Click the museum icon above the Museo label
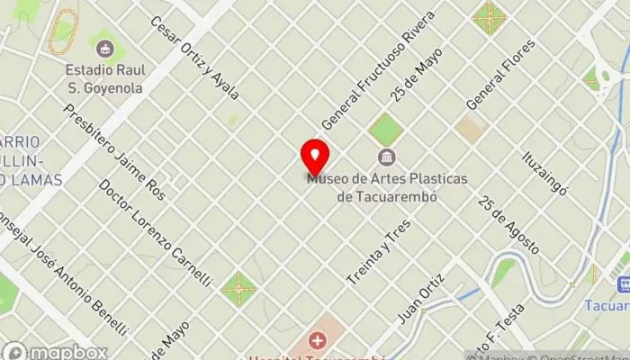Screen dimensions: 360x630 [387, 159]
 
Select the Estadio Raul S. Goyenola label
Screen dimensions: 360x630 [106, 77]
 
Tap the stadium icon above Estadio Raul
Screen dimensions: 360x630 [106, 48]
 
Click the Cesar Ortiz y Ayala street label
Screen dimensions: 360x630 [194, 58]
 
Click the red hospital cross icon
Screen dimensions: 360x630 [317, 340]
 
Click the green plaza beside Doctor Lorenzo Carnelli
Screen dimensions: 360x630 [238, 290]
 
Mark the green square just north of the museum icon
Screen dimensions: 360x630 [385, 129]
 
